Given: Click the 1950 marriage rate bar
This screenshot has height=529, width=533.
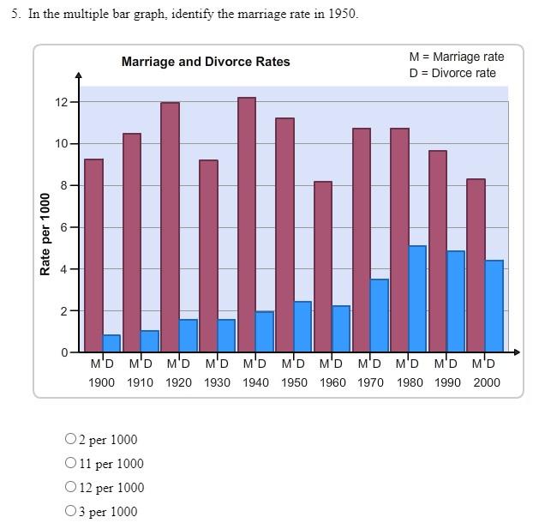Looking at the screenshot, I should coord(284,235).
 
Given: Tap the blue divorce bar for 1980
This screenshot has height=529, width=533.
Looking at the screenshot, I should coord(417,298).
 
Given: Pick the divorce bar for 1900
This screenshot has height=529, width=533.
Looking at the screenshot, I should coord(111,343).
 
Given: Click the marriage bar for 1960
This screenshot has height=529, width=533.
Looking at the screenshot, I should coord(323,267).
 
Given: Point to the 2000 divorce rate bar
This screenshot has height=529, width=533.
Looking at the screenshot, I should coord(494,306).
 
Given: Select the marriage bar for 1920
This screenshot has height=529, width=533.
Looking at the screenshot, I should coord(170,227).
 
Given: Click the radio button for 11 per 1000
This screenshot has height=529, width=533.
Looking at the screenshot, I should coord(70,464).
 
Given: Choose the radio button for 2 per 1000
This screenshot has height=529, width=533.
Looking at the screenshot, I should coord(70,440).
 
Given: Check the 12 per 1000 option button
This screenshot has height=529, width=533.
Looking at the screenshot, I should coord(70,488).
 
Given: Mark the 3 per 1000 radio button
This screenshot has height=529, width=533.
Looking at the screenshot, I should coord(70,512).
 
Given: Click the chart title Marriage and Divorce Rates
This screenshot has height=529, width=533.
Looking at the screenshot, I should coord(206,62).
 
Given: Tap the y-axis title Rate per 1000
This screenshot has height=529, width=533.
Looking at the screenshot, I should coord(45,234).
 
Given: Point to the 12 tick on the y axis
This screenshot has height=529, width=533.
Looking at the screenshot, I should coord(62,102).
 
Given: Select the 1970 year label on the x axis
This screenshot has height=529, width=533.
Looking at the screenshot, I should coord(371,382).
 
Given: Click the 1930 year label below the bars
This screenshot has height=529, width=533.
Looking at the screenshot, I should coord(217,382).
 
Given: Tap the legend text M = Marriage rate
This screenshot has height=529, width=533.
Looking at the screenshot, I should coord(457,57).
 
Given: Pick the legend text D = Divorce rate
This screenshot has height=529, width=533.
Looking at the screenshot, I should coord(452,73).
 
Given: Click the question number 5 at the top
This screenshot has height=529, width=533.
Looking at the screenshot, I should coord(15,15).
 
